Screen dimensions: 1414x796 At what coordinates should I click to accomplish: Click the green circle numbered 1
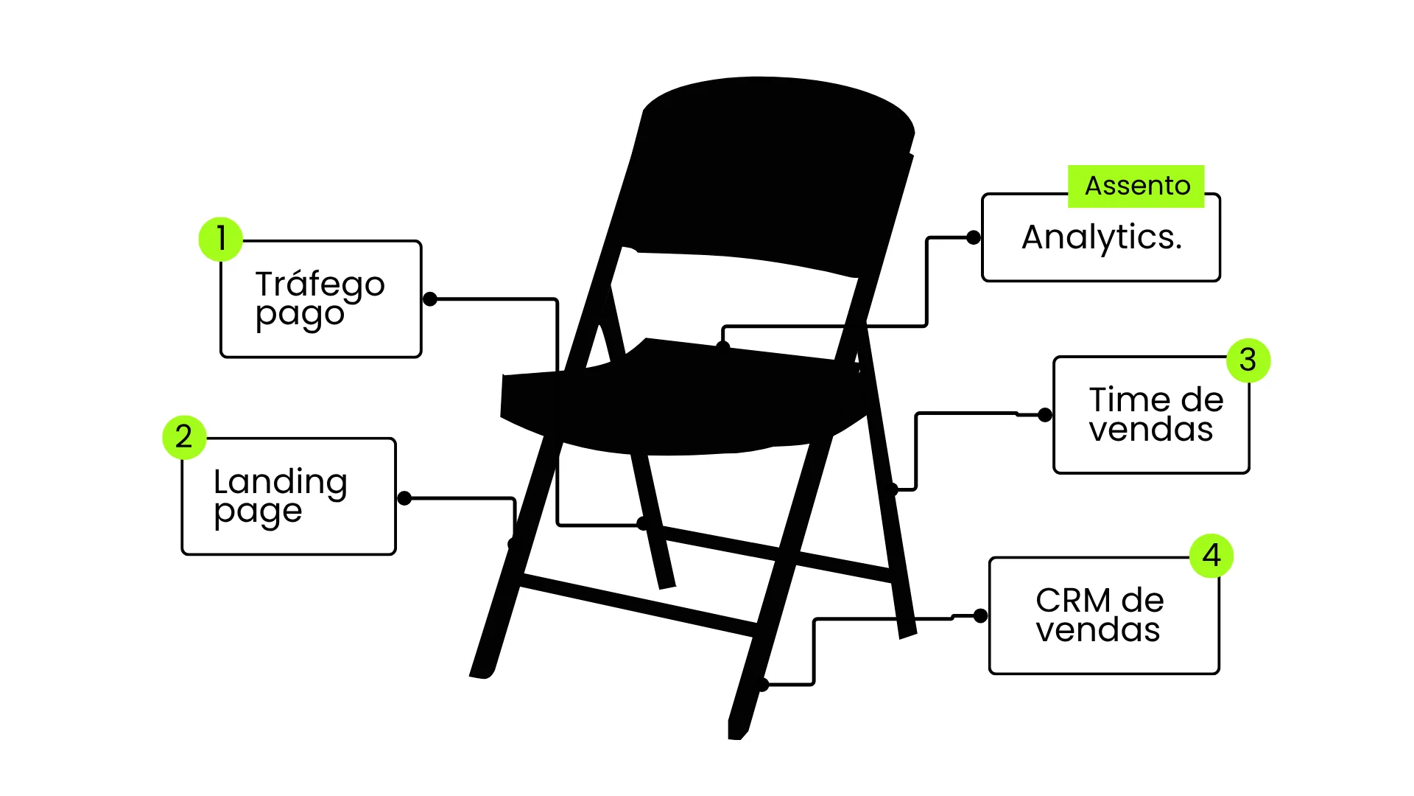click(x=221, y=239)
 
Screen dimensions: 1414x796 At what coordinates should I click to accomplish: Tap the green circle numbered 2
click(x=184, y=437)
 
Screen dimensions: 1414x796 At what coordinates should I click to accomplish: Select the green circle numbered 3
click(x=1248, y=360)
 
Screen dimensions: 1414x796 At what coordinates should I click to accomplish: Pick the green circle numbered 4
click(x=1211, y=556)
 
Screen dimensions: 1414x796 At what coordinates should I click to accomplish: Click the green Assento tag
click(x=1136, y=186)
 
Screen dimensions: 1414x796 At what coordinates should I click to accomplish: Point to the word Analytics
click(x=1102, y=238)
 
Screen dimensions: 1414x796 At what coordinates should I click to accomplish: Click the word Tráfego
click(x=320, y=284)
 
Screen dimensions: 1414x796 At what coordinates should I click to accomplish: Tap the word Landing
click(x=280, y=483)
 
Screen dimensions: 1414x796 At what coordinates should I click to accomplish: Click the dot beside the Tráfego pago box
click(x=431, y=299)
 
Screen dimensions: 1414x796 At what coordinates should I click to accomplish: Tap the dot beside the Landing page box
click(x=404, y=499)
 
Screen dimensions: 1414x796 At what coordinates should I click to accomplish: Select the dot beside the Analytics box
click(x=974, y=237)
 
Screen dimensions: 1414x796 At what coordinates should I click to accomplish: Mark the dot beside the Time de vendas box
click(x=1045, y=415)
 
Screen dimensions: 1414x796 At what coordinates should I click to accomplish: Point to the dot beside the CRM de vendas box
click(x=981, y=616)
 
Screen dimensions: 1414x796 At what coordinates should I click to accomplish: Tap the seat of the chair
click(x=685, y=402)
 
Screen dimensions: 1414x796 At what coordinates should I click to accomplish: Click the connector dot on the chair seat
click(x=723, y=347)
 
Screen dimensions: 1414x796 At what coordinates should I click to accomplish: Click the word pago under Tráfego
click(x=300, y=315)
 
